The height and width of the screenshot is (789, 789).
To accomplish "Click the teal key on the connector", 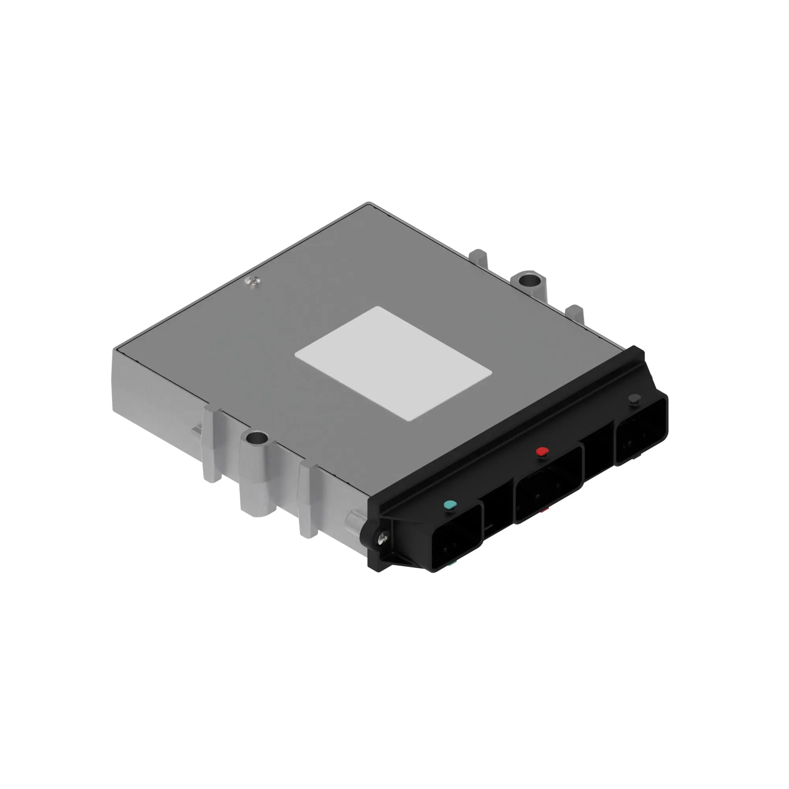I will (450, 505).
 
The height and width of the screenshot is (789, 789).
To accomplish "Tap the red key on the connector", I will (542, 451).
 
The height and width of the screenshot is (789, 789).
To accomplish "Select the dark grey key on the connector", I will (634, 398).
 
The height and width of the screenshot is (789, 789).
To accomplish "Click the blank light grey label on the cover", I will (393, 363).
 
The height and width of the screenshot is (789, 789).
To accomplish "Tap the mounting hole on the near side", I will (257, 439).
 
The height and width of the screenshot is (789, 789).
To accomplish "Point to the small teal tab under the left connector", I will (452, 565).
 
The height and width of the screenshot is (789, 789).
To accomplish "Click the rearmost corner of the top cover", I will (369, 204).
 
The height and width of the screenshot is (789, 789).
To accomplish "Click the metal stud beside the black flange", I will (352, 521).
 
